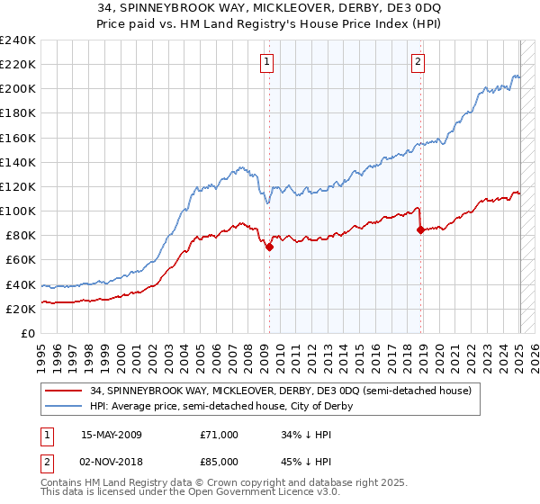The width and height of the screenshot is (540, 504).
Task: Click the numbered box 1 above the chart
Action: tap(268, 62)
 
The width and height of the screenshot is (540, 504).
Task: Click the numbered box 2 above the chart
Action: tap(419, 62)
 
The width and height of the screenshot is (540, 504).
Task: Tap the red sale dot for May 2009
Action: tap(269, 247)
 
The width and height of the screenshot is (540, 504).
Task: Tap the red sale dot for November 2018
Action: tap(420, 229)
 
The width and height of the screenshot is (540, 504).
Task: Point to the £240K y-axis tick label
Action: tap(17, 40)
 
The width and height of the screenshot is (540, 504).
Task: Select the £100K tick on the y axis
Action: tap(17, 211)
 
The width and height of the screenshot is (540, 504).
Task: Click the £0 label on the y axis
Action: tap(29, 333)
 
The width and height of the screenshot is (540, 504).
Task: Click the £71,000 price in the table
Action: tap(219, 435)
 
